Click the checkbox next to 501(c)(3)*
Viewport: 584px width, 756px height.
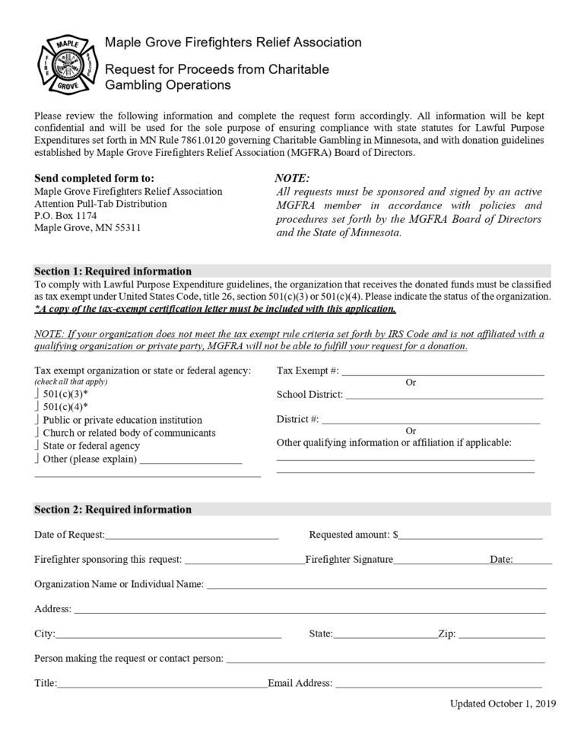(x=37, y=395)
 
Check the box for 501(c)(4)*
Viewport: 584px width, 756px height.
(x=37, y=407)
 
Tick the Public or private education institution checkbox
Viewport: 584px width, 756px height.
(x=37, y=420)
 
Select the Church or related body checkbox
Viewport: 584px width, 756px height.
(x=37, y=433)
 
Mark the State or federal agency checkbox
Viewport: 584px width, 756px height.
(x=37, y=446)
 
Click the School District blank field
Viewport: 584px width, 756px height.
(x=444, y=395)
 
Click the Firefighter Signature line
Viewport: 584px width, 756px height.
(x=440, y=561)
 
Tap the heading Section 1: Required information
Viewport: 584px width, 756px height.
(x=113, y=272)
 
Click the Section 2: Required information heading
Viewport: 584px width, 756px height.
(x=113, y=510)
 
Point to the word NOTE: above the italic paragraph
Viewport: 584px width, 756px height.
(x=291, y=178)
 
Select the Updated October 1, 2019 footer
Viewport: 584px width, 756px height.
(x=503, y=704)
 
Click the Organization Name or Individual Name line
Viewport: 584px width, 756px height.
(x=376, y=586)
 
